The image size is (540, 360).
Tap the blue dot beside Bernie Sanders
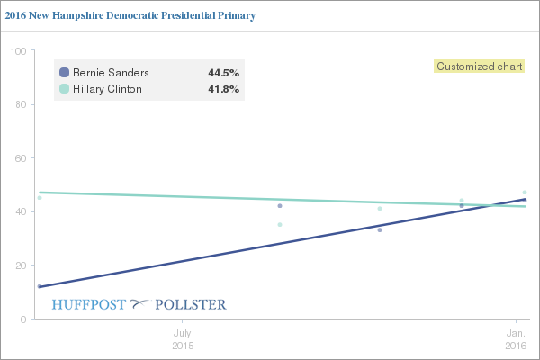point(64,72)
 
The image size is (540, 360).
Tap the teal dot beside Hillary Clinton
point(64,89)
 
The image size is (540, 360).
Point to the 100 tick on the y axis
point(16,50)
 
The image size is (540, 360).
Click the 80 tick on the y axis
point(19,104)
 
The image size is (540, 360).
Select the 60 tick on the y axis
point(19,158)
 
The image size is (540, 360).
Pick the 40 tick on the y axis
point(19,211)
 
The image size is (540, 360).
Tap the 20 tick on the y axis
point(19,265)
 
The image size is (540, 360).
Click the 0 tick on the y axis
point(22,319)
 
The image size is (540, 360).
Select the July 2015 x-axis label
point(182,338)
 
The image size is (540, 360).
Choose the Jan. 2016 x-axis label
point(516,338)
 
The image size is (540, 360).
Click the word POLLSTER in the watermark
point(191,304)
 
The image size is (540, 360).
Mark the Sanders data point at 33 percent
point(380,229)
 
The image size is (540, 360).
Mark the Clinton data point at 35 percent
point(280,224)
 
